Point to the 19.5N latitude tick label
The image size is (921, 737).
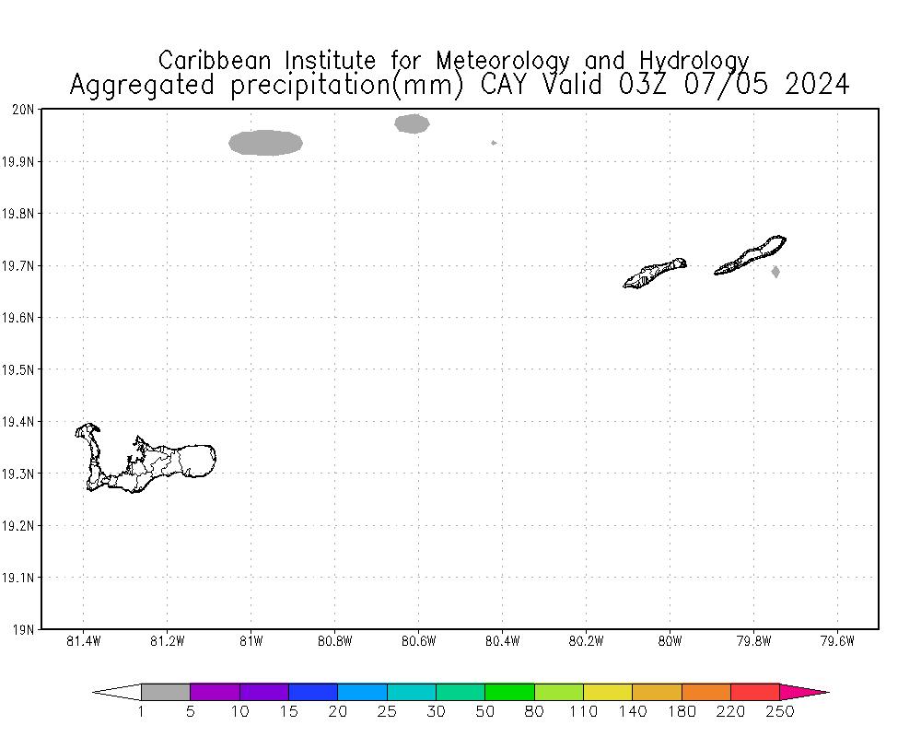pos(19,369)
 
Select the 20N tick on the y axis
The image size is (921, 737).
pos(23,110)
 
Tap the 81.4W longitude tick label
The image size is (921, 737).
pos(84,642)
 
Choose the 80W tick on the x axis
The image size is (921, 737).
pos(670,642)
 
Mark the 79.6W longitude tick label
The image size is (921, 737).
pos(836,642)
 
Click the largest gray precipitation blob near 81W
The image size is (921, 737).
pos(265,143)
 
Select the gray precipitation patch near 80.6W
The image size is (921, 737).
pos(412,123)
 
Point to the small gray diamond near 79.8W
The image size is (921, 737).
pos(775,272)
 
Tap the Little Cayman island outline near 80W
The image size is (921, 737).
pos(656,273)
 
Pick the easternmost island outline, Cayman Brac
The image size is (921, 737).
pos(751,256)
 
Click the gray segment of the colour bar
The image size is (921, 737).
pos(166,692)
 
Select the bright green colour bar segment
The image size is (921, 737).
pos(510,692)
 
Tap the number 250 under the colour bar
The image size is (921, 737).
pos(779,712)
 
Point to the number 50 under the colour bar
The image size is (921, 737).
pos(485,712)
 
